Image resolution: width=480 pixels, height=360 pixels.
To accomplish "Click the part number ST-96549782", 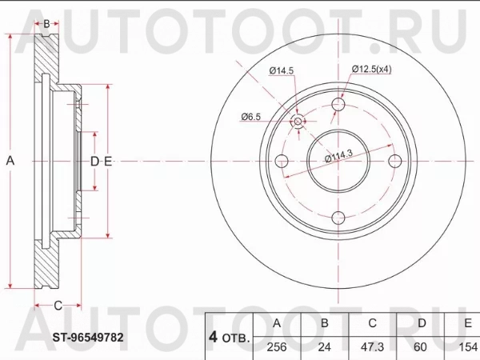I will pos(89,338).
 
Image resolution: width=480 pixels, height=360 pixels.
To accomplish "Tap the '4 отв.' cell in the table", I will pos(230,337).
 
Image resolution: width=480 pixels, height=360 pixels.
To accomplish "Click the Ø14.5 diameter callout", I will pos(281,71).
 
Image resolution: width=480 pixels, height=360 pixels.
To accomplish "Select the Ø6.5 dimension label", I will pos(251,118).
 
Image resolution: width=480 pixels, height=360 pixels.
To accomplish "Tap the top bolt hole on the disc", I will pos(338,104).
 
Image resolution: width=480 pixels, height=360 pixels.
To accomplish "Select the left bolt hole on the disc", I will pos(282,160).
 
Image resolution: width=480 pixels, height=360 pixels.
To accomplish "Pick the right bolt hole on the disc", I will pos(394,160).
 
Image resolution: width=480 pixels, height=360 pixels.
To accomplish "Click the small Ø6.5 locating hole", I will pos(298,121).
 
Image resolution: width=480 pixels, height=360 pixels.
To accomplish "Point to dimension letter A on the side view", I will pos(10,161).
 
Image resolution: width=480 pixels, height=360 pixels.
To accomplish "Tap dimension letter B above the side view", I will pos(46,24).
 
